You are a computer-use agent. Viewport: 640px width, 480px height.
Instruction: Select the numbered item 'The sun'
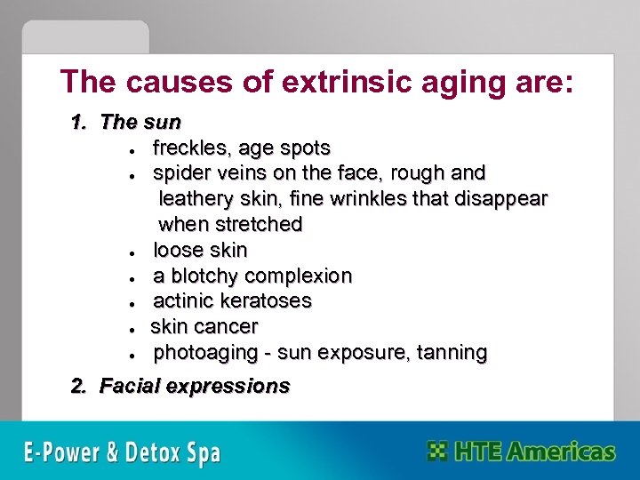tap(140, 122)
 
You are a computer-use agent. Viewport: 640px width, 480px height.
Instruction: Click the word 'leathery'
tap(199, 198)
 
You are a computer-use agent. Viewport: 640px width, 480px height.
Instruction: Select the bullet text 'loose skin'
tap(200, 250)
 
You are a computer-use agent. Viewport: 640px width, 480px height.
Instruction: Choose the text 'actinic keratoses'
tap(232, 301)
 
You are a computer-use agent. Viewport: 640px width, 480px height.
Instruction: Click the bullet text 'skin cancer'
tap(204, 326)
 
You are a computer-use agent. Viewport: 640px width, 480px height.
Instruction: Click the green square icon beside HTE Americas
tap(436, 451)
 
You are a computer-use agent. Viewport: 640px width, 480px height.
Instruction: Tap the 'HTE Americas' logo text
tap(534, 451)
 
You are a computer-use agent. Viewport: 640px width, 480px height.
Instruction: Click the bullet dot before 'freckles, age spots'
tap(132, 149)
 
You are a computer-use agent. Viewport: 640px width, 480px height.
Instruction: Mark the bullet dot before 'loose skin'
tap(132, 252)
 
